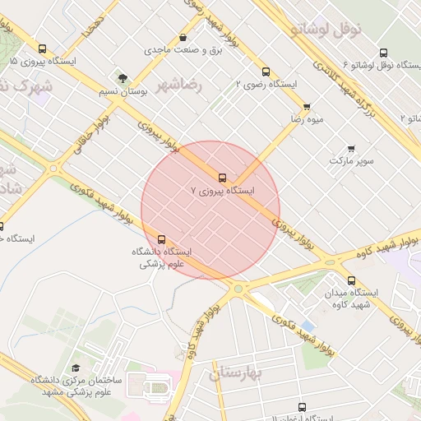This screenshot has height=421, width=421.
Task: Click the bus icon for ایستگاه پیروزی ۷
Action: (222, 177)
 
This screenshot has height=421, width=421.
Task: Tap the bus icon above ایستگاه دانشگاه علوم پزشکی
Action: (161, 239)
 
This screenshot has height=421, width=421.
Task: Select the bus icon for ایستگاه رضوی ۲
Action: (265, 72)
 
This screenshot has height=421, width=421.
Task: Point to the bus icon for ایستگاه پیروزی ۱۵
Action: (43, 49)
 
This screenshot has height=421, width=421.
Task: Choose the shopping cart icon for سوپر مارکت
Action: (352, 149)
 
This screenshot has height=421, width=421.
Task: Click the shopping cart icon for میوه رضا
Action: (307, 106)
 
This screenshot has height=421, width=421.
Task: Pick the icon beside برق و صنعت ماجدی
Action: (183, 38)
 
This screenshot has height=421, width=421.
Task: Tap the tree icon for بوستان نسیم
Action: (123, 79)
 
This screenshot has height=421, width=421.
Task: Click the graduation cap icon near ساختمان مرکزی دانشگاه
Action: (76, 368)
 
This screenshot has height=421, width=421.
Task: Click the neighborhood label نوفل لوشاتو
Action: (326, 30)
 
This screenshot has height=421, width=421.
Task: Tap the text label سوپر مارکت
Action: (352, 160)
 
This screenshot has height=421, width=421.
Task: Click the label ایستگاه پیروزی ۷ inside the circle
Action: (222, 190)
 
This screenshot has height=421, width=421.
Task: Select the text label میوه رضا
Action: (306, 119)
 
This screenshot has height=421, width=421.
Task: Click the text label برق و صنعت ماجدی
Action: (173, 50)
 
